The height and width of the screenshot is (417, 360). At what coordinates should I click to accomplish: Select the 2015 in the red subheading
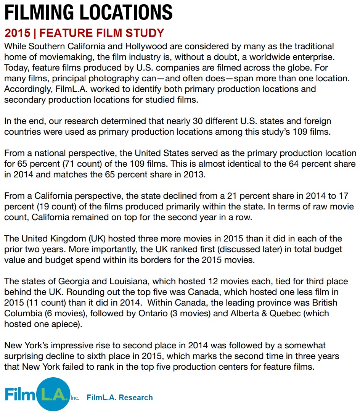[x=17, y=33]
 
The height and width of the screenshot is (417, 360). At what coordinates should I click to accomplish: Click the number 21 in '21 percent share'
[x=233, y=196]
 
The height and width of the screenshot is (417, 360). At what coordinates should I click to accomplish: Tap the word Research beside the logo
[x=136, y=398]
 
